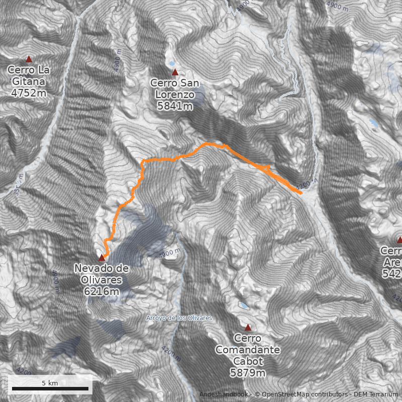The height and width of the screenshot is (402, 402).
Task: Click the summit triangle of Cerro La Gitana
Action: point(29,59)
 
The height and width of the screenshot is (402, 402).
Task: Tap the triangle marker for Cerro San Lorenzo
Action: point(175,72)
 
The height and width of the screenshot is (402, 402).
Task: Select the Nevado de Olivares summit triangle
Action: point(102,257)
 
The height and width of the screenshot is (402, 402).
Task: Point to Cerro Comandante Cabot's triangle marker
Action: point(248,327)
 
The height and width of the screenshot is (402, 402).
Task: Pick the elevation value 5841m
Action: point(175,106)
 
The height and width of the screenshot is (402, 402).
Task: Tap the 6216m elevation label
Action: point(102,291)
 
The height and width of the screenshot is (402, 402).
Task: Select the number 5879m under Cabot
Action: point(248,372)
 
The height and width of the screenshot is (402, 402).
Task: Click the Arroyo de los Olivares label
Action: point(179,318)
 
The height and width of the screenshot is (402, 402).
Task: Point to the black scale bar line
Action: point(50,388)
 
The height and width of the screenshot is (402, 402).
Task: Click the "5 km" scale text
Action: point(50,383)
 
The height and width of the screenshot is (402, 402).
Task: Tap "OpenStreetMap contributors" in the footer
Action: point(301,394)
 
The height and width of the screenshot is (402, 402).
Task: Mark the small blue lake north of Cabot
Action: point(243,305)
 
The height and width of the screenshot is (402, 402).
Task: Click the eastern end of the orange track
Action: point(300,192)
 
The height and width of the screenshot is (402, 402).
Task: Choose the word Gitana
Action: point(29,81)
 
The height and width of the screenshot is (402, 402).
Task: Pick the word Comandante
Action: point(248,349)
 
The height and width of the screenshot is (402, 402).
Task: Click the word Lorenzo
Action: point(175,94)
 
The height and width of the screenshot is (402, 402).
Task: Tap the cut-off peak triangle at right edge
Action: point(399,240)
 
